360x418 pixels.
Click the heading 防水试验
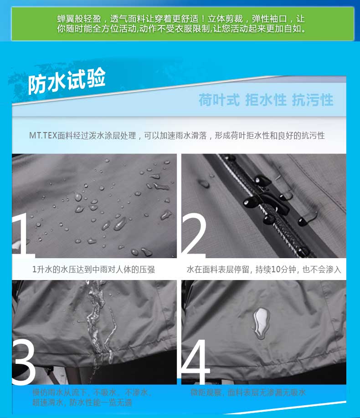pyautogui.click(x=67, y=82)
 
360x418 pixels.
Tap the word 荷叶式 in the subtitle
pyautogui.click(x=219, y=100)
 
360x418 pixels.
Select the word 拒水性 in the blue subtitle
pyautogui.click(x=266, y=100)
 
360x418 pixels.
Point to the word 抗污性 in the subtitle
pyautogui.click(x=313, y=100)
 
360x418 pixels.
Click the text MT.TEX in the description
pyautogui.click(x=43, y=136)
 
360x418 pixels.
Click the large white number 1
pyautogui.click(x=23, y=234)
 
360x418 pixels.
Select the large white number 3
pyautogui.click(x=24, y=362)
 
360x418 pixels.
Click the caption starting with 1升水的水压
pyautogui.click(x=93, y=270)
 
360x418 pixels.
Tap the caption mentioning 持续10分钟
pyautogui.click(x=263, y=270)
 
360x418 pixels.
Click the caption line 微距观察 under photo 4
pyautogui.click(x=248, y=392)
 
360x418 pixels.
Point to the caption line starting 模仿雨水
pyautogui.click(x=91, y=392)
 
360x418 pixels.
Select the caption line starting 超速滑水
pyautogui.click(x=82, y=403)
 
